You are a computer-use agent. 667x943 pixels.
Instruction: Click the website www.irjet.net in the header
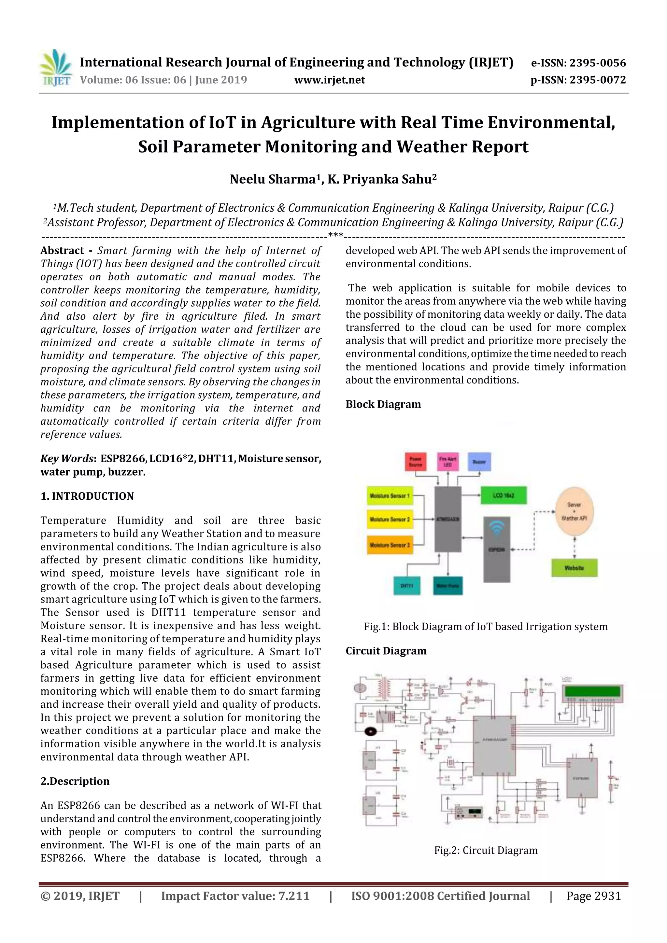[x=330, y=80]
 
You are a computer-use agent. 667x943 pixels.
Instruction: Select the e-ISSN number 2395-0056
[x=598, y=63]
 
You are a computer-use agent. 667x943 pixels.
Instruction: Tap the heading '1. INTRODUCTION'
[x=87, y=496]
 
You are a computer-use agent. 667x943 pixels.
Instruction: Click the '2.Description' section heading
[x=75, y=781]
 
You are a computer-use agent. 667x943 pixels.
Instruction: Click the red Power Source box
[x=416, y=462]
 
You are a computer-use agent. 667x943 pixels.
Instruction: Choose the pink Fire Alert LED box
[x=447, y=462]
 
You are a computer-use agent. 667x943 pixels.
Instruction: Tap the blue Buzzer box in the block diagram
[x=479, y=462]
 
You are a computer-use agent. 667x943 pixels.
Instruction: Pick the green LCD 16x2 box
[x=504, y=496]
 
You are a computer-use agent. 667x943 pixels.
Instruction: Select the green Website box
[x=574, y=568]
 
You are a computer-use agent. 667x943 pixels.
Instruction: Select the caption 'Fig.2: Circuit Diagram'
[x=486, y=850]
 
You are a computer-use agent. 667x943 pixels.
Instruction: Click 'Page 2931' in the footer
[x=593, y=896]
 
